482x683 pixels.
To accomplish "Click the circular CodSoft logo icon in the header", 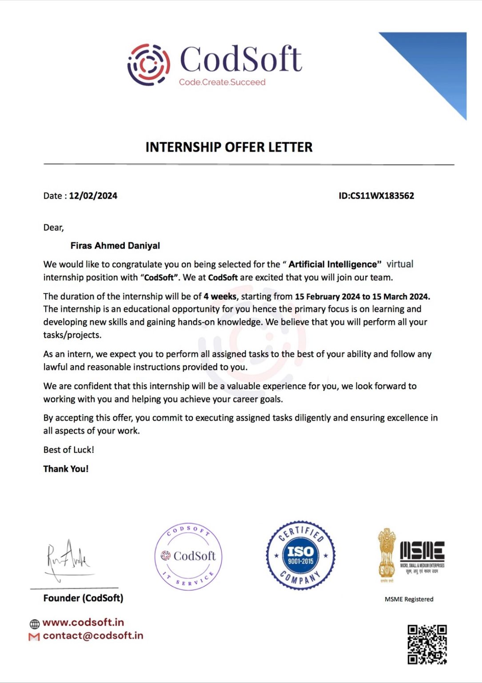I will tap(148, 64).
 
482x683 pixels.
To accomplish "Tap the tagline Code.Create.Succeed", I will tap(222, 82).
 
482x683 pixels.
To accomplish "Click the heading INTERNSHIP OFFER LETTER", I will tap(229, 147).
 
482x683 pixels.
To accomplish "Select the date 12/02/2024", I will tap(93, 196).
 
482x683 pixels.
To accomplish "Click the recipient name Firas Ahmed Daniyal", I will tap(115, 245).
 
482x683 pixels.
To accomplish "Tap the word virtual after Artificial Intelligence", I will tap(400, 264).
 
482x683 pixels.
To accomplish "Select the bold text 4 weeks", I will tap(220, 296).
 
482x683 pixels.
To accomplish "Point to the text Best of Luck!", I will tap(69, 450).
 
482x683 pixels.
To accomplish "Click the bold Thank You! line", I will tap(66, 469).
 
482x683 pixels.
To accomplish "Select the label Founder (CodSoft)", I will tap(83, 598).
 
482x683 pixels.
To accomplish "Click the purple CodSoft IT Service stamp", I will tap(188, 556).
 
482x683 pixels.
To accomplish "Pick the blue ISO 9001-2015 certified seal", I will tap(301, 555).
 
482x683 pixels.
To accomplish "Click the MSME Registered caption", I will tap(409, 599).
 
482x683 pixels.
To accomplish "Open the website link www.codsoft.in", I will tap(83, 622).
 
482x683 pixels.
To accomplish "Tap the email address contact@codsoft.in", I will tap(93, 635).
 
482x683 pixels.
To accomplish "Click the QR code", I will tap(427, 644).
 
